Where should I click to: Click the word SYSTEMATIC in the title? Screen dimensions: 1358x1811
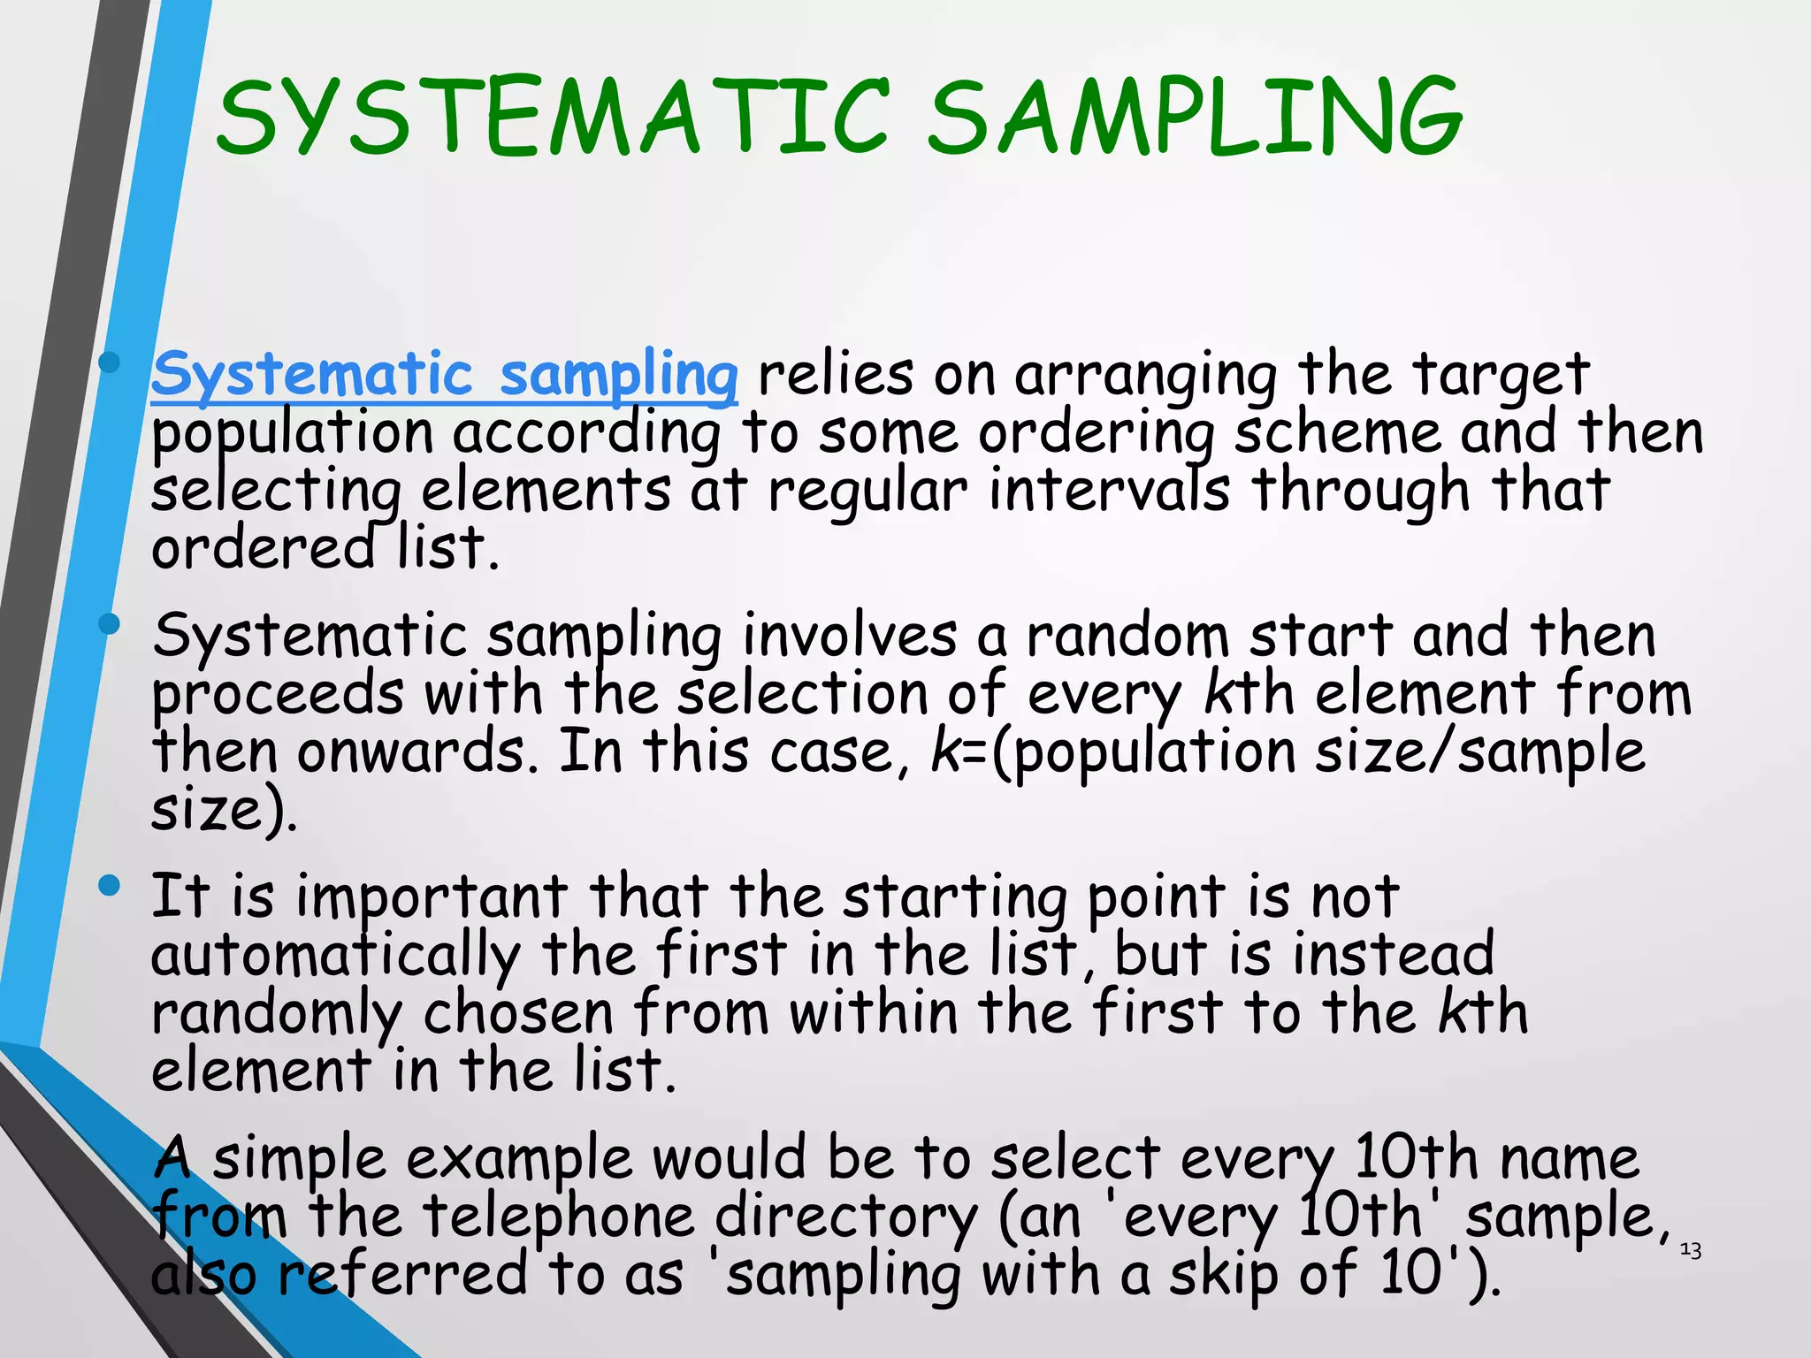click(x=553, y=117)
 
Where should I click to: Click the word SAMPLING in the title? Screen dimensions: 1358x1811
click(x=1194, y=117)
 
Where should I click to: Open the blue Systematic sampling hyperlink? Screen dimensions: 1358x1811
click(x=444, y=375)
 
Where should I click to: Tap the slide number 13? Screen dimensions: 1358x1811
click(x=1690, y=1250)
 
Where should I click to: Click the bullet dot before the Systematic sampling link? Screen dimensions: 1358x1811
click(x=110, y=362)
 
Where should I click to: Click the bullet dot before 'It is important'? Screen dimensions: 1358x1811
click(x=110, y=885)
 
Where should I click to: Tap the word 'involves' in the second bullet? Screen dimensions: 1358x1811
click(x=850, y=636)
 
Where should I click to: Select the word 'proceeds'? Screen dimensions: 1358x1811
click(x=278, y=696)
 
